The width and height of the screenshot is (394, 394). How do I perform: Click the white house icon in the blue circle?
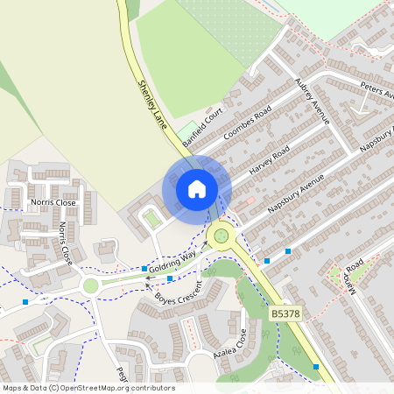point(197,188)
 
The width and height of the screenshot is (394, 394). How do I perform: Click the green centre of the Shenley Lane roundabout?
point(221,234)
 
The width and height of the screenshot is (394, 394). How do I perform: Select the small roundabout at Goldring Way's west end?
point(90,285)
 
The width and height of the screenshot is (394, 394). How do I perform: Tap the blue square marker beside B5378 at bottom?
point(315,366)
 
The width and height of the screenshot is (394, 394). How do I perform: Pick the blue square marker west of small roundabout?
point(25,301)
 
